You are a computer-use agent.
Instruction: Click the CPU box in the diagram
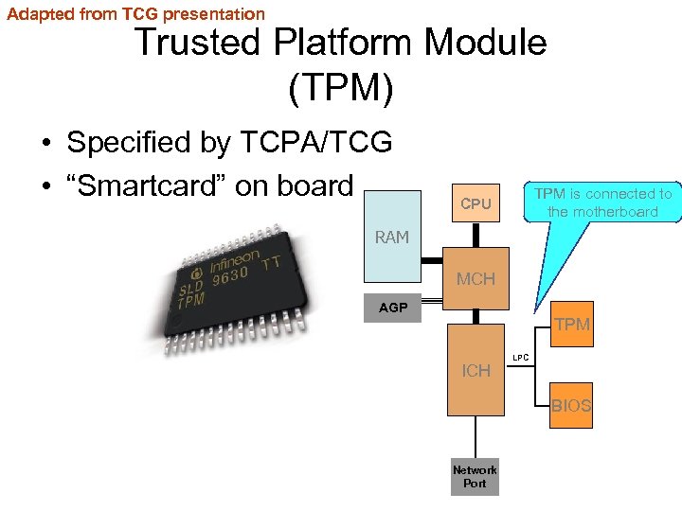(x=476, y=203)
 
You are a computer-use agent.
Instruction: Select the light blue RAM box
(x=392, y=237)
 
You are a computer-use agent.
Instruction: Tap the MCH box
(x=476, y=279)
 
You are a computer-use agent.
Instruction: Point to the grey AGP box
(x=394, y=308)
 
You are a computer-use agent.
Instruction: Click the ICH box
(x=476, y=371)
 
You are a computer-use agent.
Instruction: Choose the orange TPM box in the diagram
(x=571, y=325)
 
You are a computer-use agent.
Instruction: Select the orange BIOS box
(x=571, y=406)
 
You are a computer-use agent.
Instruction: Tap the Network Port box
(x=475, y=476)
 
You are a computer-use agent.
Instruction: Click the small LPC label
(x=520, y=359)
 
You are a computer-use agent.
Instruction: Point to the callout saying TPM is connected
(x=602, y=203)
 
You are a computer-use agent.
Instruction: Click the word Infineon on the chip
(x=234, y=258)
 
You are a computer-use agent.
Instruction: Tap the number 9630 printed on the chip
(x=231, y=276)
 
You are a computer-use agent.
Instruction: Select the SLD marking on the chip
(x=191, y=287)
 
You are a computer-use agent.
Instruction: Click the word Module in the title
(x=486, y=43)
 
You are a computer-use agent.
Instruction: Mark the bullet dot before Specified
(x=45, y=144)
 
